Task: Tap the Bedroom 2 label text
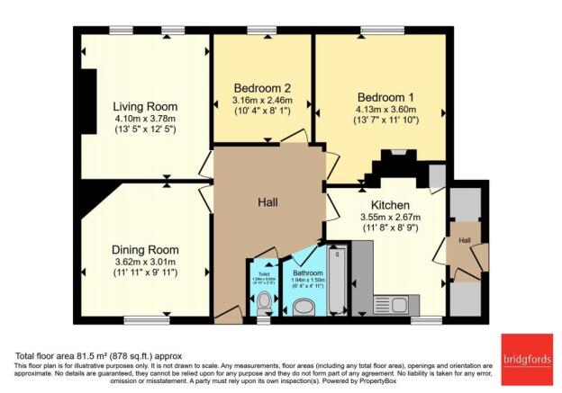point(261,88)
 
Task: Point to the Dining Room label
point(145,249)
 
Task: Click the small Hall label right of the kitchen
point(464,241)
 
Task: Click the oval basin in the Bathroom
point(304,307)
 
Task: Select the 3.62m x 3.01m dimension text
point(145,263)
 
